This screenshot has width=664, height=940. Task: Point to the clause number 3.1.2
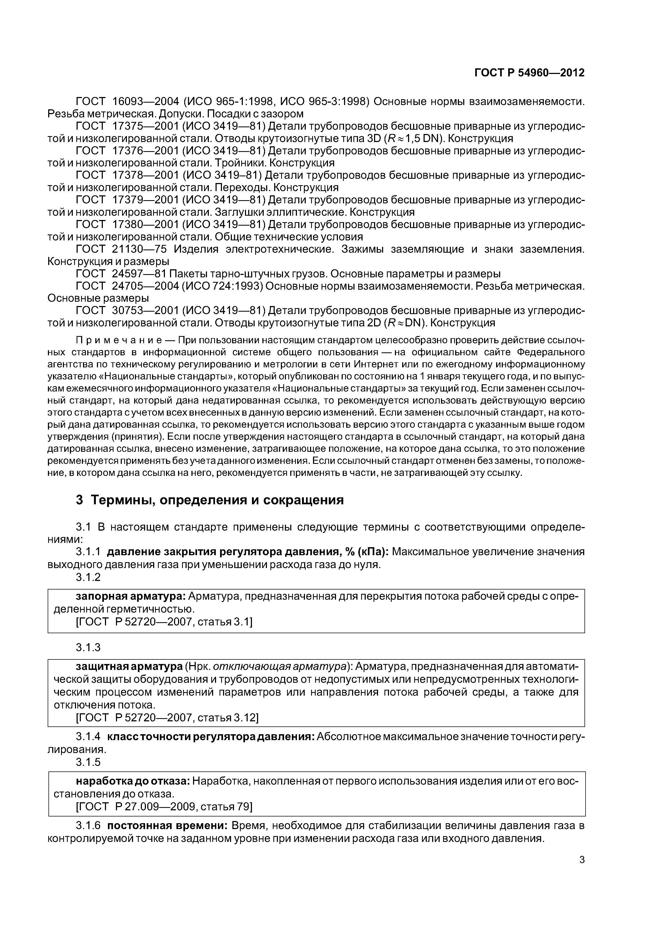click(x=88, y=577)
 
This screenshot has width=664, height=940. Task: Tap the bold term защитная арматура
click(x=129, y=667)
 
